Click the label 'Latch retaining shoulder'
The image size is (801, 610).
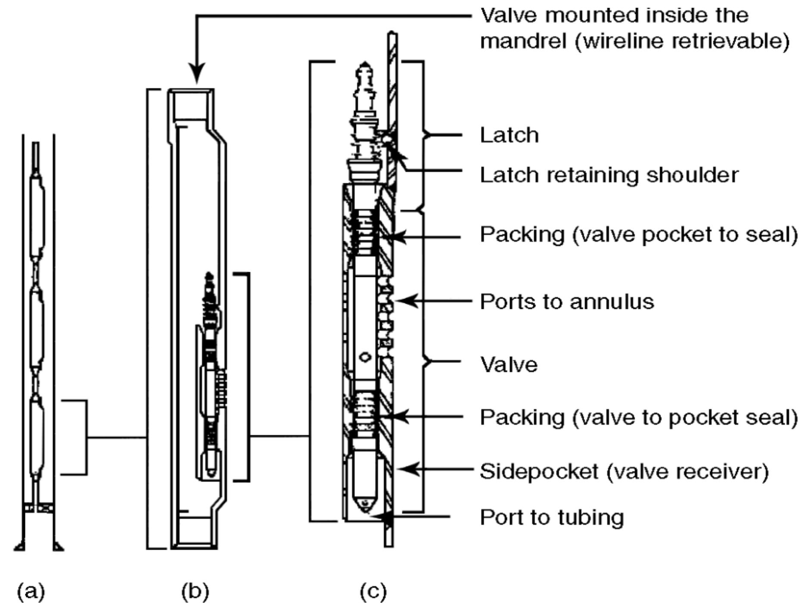tap(609, 175)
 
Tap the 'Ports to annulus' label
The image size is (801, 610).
tap(567, 302)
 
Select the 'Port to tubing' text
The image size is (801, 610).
tap(552, 517)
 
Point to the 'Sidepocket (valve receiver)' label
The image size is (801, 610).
tap(624, 471)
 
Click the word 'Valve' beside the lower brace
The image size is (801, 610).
tap(509, 365)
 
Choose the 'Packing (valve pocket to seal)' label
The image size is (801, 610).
tap(639, 235)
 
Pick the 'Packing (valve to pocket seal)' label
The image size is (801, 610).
tap(639, 417)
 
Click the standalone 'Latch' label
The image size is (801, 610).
tap(509, 135)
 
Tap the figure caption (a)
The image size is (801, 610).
tap(31, 592)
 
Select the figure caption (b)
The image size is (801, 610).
tap(195, 592)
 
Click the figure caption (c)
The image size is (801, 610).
tap(373, 592)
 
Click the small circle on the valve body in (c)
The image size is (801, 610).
tap(365, 357)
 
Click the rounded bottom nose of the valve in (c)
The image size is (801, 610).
tap(364, 504)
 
